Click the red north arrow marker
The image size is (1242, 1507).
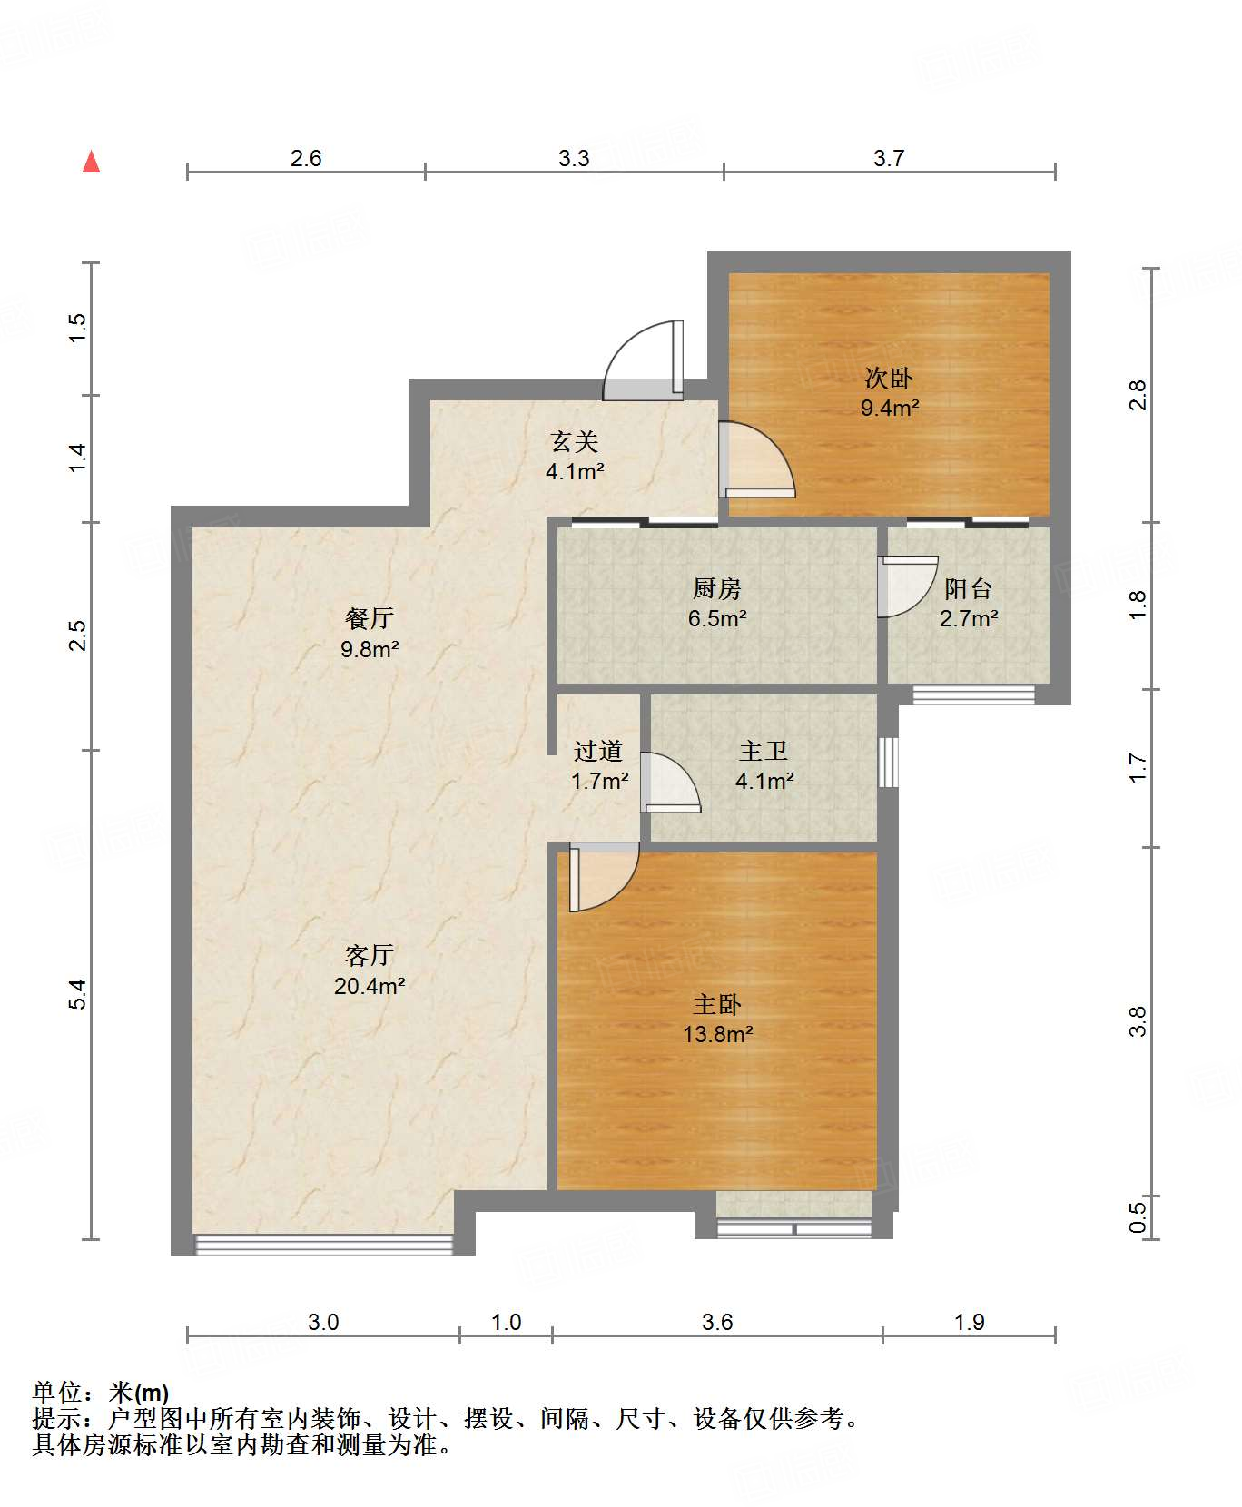[x=91, y=162]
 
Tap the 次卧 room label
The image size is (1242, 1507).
[x=889, y=378]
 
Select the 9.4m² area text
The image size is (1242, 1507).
[x=890, y=408]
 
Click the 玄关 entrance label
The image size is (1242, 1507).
[x=575, y=441]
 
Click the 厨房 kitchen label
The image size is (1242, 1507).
[x=717, y=588]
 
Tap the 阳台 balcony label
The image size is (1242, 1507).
[x=969, y=588]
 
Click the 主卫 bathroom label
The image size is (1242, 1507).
[x=764, y=751]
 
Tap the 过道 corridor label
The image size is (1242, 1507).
[x=598, y=751]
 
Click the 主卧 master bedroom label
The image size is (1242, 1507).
[x=717, y=1004]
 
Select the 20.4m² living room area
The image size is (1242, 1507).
[x=370, y=986]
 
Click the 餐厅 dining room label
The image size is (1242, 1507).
[x=370, y=618]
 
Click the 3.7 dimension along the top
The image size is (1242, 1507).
[x=889, y=158]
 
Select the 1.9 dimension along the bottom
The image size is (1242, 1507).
[x=970, y=1322]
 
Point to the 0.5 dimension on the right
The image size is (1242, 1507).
[x=1138, y=1216]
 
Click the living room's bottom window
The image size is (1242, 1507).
[x=324, y=1245]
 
